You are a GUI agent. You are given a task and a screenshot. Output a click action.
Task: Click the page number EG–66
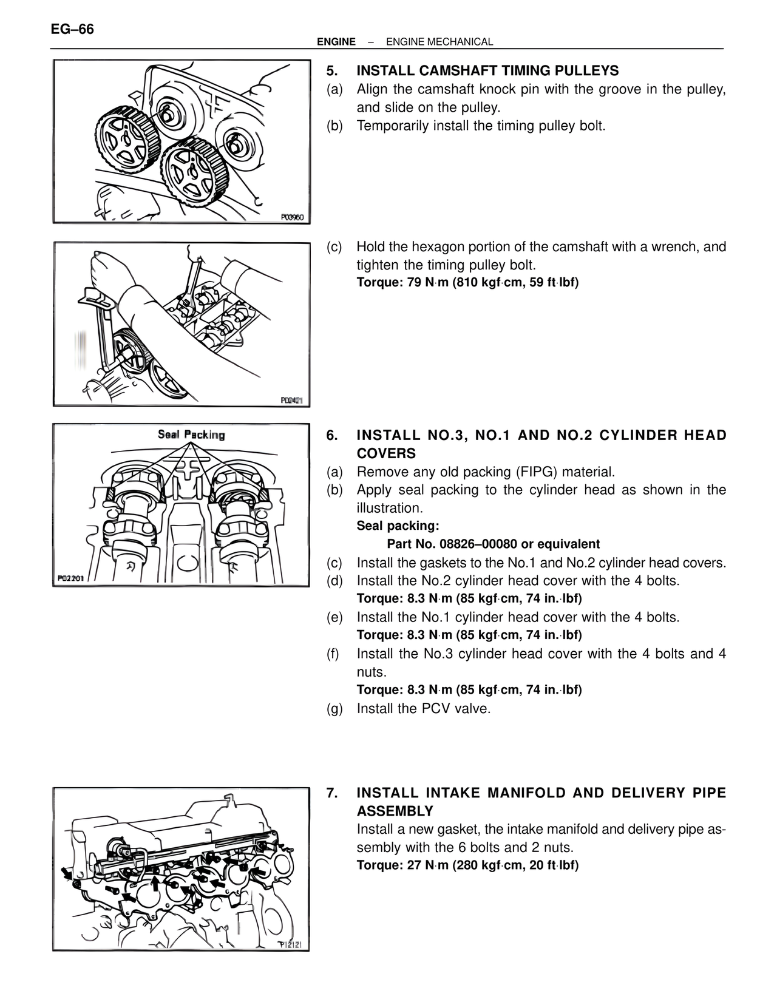(x=73, y=29)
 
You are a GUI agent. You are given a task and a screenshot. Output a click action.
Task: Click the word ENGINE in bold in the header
(x=336, y=42)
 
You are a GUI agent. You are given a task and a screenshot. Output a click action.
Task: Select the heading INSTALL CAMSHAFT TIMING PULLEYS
(x=487, y=70)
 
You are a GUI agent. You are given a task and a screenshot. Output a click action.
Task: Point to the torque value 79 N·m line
(x=467, y=283)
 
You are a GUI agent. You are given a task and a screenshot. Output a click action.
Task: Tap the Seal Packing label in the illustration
(x=191, y=435)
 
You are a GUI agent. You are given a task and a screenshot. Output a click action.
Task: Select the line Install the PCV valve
(x=423, y=708)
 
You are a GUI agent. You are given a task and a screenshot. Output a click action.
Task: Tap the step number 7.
(x=331, y=793)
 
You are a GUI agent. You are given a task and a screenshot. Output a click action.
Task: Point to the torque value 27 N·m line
(x=467, y=865)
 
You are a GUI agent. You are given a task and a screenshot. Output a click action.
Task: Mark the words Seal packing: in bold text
(x=398, y=526)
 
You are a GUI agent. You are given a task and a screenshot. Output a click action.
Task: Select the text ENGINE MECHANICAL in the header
(x=439, y=42)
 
